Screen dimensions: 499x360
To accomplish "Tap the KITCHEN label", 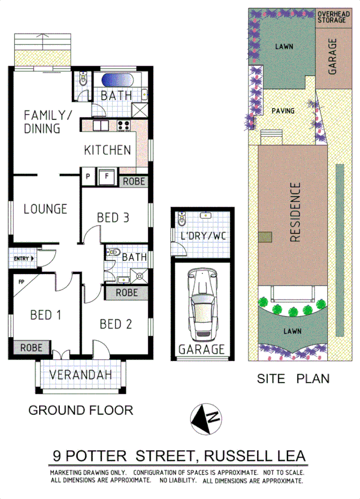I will [x=108, y=150].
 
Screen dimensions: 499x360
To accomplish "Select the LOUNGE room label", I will [x=45, y=209].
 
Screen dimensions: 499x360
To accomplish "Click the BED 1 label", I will [x=38, y=315].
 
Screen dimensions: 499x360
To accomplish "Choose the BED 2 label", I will [x=116, y=324].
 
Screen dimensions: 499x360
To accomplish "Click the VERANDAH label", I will [x=80, y=375].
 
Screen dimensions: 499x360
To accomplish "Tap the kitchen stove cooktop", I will [x=124, y=124].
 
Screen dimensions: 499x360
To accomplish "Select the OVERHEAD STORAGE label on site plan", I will [x=332, y=16].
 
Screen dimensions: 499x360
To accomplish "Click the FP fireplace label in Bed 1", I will [x=21, y=283].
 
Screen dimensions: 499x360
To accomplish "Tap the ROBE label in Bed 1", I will [x=31, y=348].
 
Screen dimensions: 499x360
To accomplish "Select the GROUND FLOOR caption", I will [x=81, y=410].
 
